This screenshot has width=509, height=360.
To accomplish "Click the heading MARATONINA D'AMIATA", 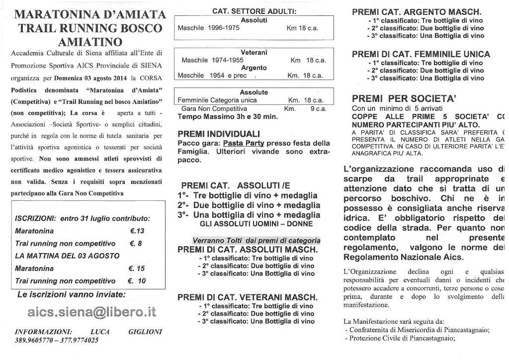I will (x=90, y=14).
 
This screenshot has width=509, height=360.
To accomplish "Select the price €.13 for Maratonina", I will (x=137, y=231).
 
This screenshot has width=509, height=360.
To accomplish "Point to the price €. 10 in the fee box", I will (x=137, y=281).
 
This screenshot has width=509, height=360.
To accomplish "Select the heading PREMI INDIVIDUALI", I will (x=219, y=134).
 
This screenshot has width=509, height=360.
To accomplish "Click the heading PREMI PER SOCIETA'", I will (x=404, y=98).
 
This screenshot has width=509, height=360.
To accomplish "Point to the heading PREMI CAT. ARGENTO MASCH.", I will (x=417, y=12).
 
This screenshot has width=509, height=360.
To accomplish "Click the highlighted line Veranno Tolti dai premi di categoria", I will (x=249, y=241).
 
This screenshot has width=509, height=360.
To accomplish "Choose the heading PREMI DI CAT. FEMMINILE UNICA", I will (x=421, y=54).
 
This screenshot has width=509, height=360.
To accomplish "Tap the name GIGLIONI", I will (x=145, y=332).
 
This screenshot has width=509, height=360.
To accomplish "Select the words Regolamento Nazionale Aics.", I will (x=403, y=257).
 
